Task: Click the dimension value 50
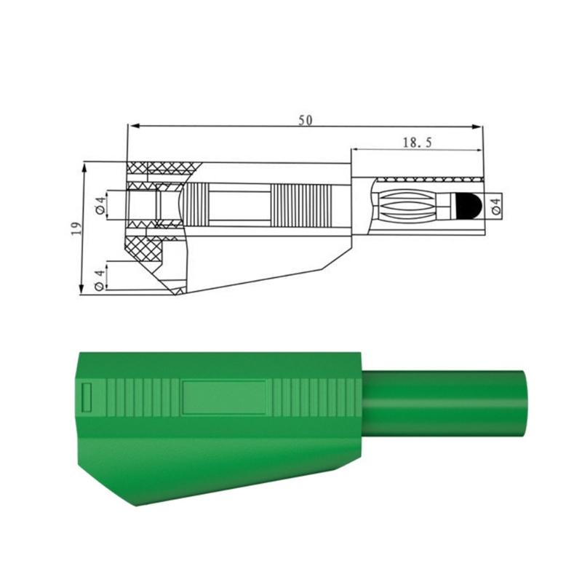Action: (x=306, y=120)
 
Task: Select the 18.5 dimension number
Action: (x=418, y=142)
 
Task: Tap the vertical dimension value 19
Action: (x=76, y=228)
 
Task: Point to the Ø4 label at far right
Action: (x=496, y=207)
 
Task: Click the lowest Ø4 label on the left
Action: (x=99, y=279)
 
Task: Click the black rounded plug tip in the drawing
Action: (x=468, y=206)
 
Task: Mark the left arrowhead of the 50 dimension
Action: (x=133, y=126)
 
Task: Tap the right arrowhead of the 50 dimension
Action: (x=477, y=127)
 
